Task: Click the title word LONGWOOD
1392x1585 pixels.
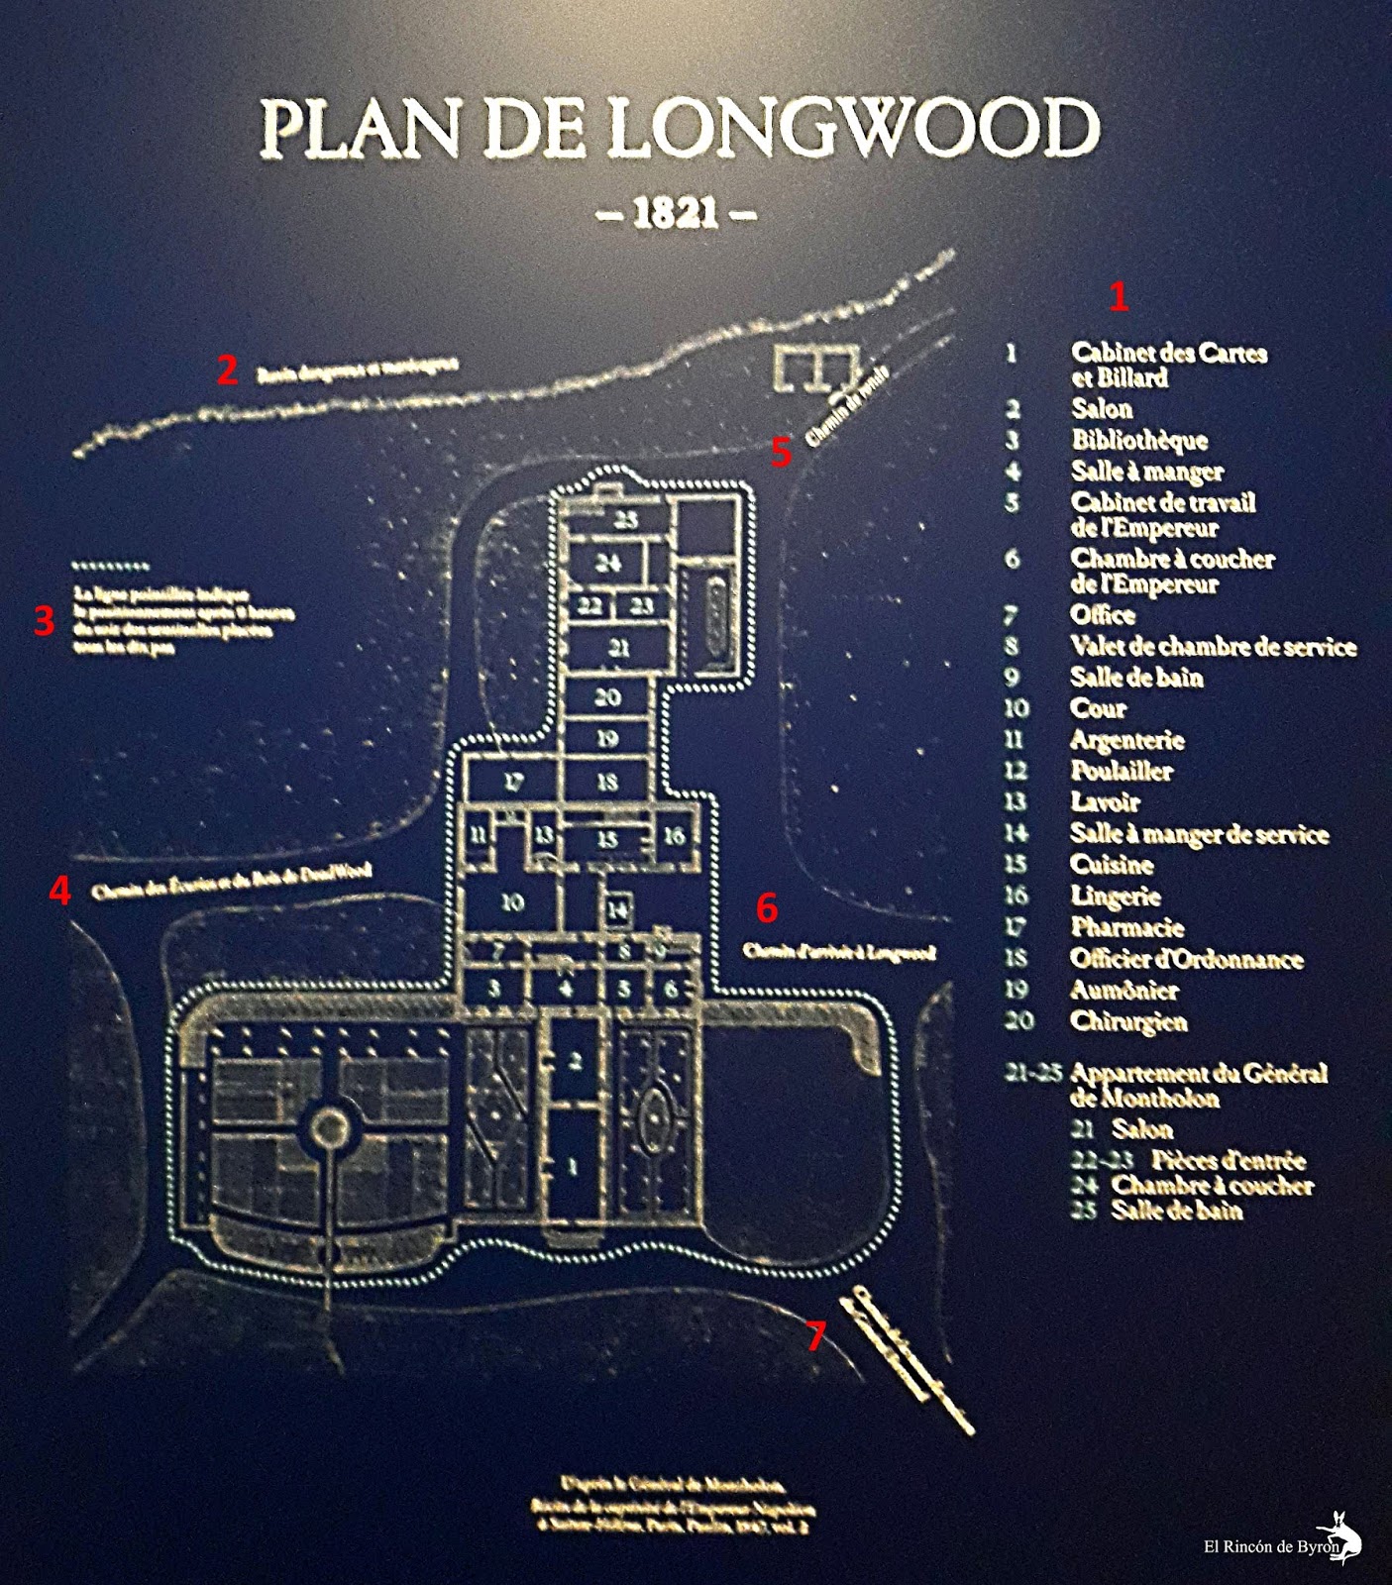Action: pos(854,129)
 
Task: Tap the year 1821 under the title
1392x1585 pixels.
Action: pos(676,213)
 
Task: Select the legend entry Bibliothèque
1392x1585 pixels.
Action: pos(1139,440)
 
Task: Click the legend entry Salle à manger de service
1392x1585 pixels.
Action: pos(1199,834)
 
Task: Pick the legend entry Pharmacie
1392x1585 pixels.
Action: pos(1127,927)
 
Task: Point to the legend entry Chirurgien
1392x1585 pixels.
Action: pos(1128,1020)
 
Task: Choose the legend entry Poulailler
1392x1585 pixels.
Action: pos(1122,771)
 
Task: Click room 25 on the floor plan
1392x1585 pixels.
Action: pos(625,519)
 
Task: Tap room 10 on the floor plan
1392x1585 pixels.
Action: pos(512,902)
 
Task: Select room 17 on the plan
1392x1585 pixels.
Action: pos(513,782)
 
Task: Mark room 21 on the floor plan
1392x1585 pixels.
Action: pos(619,648)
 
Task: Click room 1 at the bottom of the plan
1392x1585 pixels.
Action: pos(573,1167)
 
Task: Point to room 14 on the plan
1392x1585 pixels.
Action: pos(617,909)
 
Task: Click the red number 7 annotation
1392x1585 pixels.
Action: pos(814,1336)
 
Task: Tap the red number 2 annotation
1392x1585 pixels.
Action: pos(228,370)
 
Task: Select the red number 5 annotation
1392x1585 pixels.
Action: pos(782,452)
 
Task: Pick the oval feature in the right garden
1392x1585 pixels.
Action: pos(652,1117)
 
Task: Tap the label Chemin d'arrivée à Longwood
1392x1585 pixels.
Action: pos(839,952)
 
